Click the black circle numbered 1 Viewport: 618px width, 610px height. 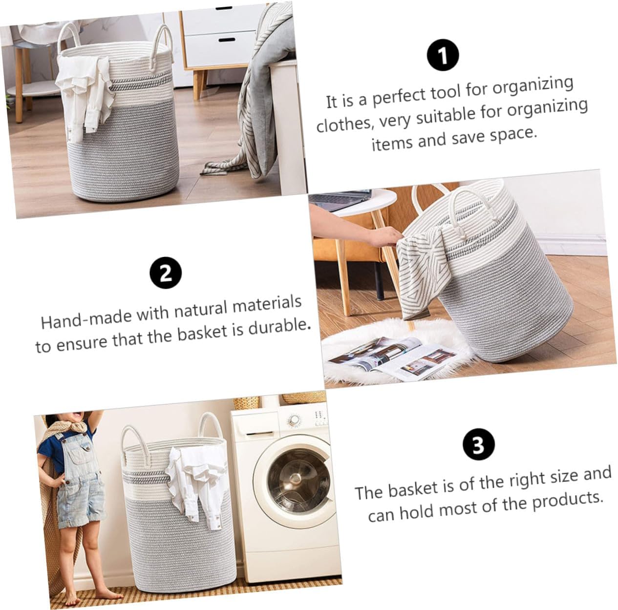(443, 56)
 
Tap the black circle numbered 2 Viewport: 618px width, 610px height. (166, 272)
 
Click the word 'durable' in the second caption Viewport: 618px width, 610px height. (280, 327)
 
